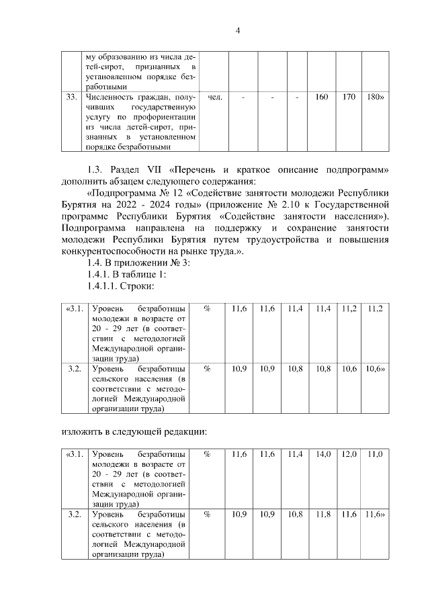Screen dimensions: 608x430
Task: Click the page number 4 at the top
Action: [238, 30]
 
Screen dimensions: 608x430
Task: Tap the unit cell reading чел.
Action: [216, 98]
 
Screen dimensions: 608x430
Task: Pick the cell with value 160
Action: [321, 98]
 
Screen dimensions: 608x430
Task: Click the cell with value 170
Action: [348, 98]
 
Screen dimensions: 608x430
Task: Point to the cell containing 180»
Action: [375, 98]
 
